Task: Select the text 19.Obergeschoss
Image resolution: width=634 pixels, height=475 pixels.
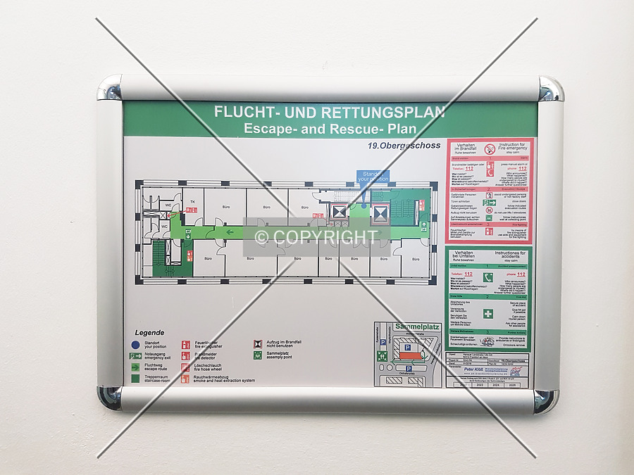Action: [404, 146]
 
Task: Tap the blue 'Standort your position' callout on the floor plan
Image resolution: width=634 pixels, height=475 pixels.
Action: [373, 176]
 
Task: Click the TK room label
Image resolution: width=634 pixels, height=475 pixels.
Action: [192, 202]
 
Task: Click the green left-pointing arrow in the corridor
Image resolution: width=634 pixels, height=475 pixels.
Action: [230, 229]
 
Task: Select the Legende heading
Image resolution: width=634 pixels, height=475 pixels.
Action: [149, 333]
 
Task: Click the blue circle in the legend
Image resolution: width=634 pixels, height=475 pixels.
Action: [135, 346]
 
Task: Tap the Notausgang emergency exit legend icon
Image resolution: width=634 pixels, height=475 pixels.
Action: [135, 356]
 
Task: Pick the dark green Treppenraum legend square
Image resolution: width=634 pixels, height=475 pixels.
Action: [135, 379]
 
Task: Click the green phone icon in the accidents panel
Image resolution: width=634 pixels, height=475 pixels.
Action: [487, 278]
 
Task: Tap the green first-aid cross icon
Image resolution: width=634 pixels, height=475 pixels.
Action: [487, 313]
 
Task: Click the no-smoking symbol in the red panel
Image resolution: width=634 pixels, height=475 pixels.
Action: [489, 150]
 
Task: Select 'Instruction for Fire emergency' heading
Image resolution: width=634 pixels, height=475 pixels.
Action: [513, 146]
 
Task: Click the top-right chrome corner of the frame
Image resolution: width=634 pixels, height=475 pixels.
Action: [550, 89]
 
